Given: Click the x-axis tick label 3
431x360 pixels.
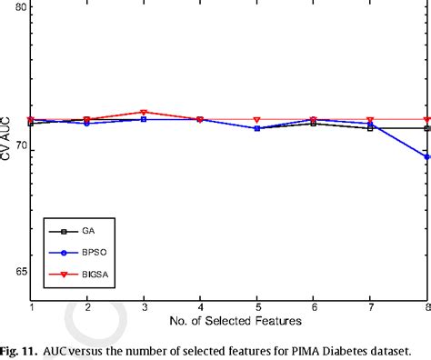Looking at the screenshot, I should [x=144, y=309].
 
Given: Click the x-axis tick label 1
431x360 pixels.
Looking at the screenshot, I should [x=32, y=309].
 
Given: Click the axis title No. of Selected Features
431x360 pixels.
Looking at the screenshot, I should [x=230, y=321].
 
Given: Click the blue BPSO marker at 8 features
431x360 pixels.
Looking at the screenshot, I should [x=426, y=156].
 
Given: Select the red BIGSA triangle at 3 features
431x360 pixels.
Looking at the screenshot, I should [x=144, y=113].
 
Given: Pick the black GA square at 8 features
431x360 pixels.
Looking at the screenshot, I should [x=426, y=128].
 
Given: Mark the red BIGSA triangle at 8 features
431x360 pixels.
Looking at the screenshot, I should [x=426, y=120].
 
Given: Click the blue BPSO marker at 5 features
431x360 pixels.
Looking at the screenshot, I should [x=257, y=128].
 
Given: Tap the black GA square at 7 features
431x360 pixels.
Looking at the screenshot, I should [x=370, y=128].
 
